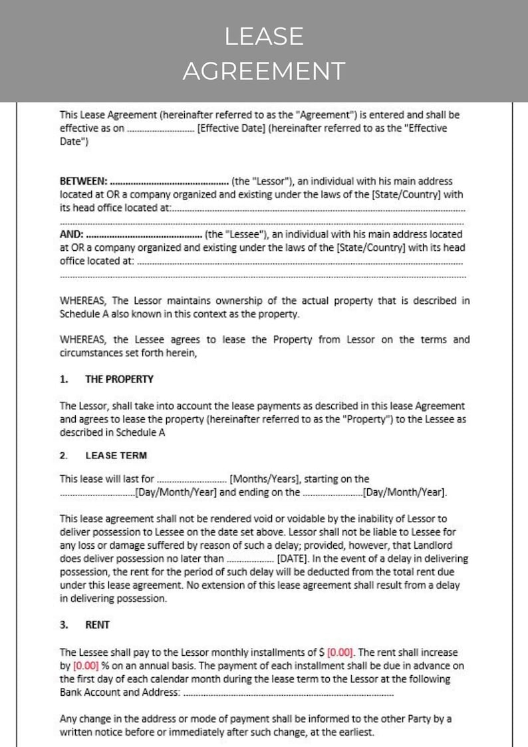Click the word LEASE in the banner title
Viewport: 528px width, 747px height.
264,37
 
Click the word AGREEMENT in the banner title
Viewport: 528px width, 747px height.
264,71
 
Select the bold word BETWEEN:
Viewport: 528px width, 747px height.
83,181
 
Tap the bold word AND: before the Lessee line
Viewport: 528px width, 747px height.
72,234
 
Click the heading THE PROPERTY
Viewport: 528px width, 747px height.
119,379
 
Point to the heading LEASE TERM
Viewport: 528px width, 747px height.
116,456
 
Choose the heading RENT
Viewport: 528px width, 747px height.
98,625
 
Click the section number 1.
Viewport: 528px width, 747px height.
64,379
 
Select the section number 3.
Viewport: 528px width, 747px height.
64,625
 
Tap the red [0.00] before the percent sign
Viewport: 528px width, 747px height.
86,666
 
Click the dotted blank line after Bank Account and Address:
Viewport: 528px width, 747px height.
287,693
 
